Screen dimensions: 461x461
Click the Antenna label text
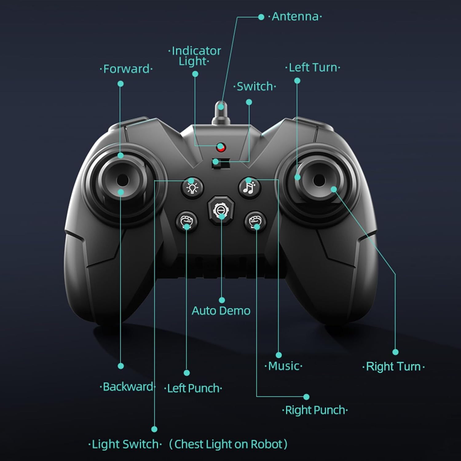click(295, 17)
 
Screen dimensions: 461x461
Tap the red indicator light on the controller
click(220, 148)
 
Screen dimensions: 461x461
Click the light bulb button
click(192, 187)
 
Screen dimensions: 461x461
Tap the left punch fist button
click(187, 221)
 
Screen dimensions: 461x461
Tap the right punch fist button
click(255, 221)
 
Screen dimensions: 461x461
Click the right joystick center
click(319, 179)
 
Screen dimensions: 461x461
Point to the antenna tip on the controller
click(220, 106)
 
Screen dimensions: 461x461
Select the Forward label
click(126, 69)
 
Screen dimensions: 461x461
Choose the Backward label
click(127, 387)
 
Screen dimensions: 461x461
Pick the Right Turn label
click(393, 367)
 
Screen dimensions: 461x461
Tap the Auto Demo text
click(221, 311)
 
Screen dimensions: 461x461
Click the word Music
click(283, 366)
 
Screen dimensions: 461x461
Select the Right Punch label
click(315, 410)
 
